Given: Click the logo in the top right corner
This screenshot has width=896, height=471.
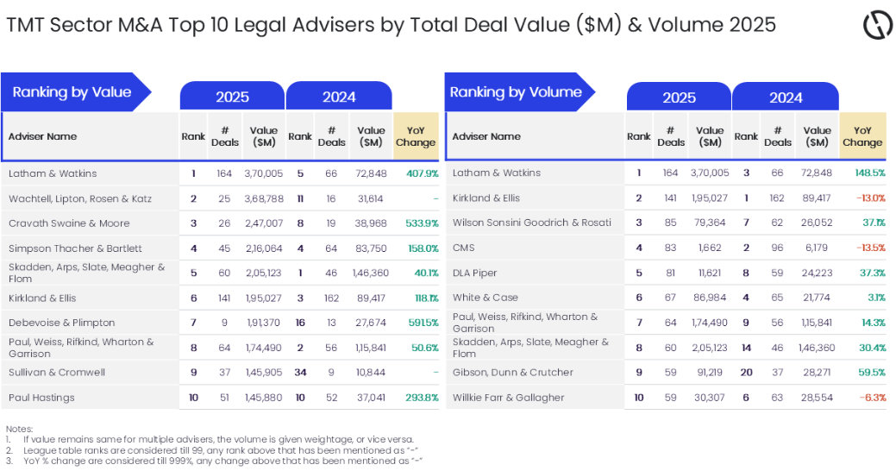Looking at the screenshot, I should (x=877, y=25).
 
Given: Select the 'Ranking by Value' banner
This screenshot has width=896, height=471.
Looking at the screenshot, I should (x=72, y=92).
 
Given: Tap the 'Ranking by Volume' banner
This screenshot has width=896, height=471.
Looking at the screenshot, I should (x=516, y=92).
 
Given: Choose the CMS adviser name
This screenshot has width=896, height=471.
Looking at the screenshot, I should (x=466, y=248).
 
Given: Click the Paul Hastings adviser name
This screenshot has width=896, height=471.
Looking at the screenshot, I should (x=41, y=398).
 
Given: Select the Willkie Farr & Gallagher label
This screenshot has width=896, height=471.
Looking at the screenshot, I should (x=508, y=398).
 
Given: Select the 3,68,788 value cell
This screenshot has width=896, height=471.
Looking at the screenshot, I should (x=264, y=198).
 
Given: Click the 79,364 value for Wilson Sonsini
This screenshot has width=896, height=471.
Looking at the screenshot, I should (x=711, y=223).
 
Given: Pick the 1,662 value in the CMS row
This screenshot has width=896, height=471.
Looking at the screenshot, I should (x=711, y=248).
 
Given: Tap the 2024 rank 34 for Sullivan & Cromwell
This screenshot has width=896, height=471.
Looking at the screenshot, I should (x=300, y=373).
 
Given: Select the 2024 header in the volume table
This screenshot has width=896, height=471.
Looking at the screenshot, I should (x=786, y=97).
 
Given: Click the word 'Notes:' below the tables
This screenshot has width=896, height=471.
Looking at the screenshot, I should (x=19, y=429).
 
